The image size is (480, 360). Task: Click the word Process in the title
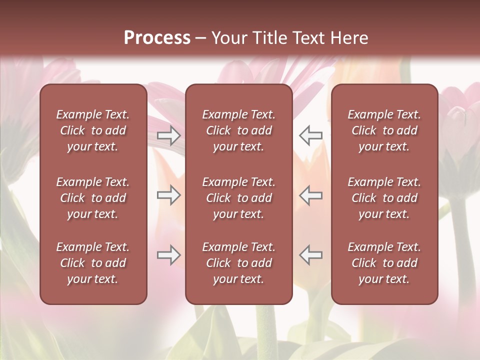click(157, 38)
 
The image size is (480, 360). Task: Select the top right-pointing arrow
click(169, 135)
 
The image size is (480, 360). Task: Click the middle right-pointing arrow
click(169, 195)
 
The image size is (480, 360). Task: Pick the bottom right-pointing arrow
click(169, 255)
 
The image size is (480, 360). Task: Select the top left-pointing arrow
click(310, 135)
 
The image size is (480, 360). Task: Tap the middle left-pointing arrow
click(310, 195)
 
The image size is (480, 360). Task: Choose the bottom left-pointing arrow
click(310, 255)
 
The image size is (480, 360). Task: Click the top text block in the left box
click(93, 130)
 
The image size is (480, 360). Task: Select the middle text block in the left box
click(93, 198)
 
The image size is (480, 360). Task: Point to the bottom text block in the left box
click(93, 263)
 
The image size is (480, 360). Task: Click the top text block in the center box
click(238, 130)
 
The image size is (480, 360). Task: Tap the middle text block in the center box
click(238, 198)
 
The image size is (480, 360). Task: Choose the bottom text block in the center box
click(238, 263)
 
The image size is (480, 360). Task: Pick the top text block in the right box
click(384, 130)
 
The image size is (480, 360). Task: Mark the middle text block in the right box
click(384, 198)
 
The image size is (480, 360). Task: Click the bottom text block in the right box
click(384, 263)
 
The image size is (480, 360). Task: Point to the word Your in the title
click(229, 38)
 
